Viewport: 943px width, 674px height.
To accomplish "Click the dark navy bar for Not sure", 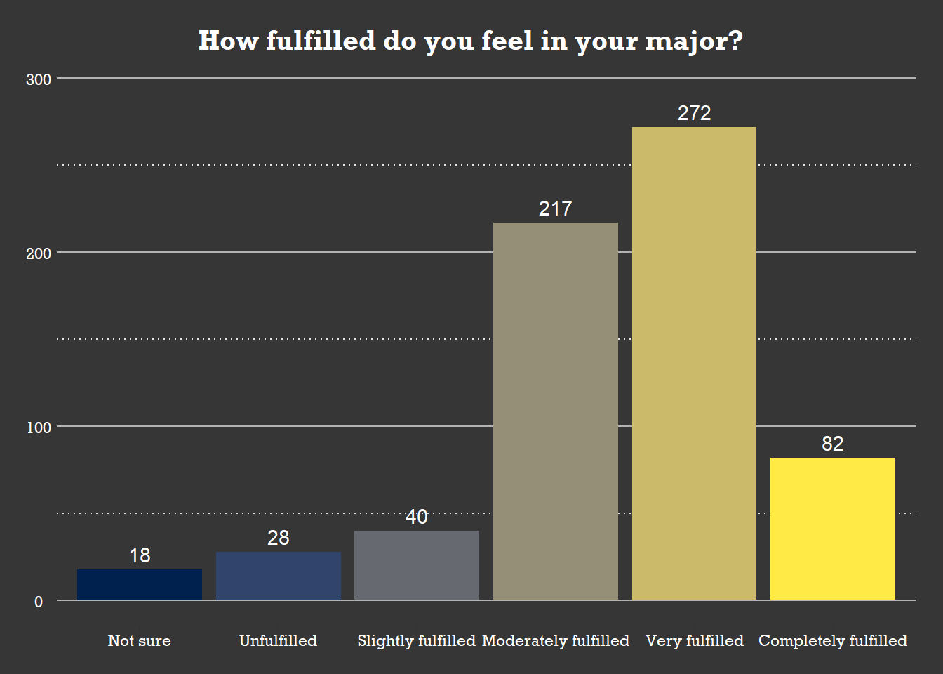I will click(x=140, y=585).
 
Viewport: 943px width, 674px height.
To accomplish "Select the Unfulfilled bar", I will click(x=279, y=576).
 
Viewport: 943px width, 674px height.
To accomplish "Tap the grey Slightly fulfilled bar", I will click(x=417, y=565).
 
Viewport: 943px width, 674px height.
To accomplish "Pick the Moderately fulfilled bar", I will click(x=556, y=411).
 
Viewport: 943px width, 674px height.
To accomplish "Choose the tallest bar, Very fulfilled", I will click(x=694, y=364).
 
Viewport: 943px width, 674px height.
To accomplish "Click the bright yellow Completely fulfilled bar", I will click(x=833, y=529).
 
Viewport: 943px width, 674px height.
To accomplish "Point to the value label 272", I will click(x=694, y=113).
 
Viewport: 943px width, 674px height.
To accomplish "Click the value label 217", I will click(x=556, y=209).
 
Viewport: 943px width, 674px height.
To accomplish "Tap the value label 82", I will click(x=833, y=444).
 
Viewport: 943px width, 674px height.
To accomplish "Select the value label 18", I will click(x=140, y=555).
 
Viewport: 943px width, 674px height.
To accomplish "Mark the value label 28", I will click(x=279, y=538).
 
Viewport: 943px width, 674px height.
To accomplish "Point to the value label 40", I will click(x=417, y=517).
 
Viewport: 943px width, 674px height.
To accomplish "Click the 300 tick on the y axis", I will click(x=39, y=79).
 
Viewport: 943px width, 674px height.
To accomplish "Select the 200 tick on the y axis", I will click(x=39, y=253).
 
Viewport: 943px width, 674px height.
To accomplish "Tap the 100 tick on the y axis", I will click(x=39, y=428).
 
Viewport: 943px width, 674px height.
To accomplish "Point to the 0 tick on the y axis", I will click(x=39, y=602).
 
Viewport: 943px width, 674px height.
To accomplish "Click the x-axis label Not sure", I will click(x=140, y=640).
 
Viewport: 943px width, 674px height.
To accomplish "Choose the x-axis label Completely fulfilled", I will click(x=833, y=640).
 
